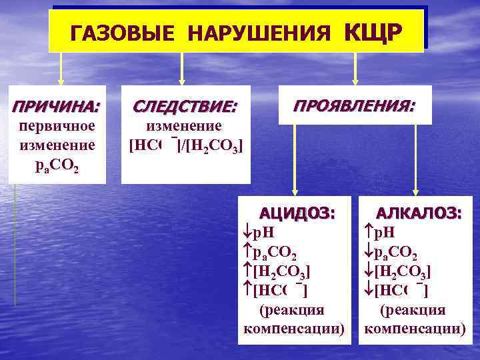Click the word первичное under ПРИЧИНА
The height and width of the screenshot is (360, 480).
point(57,126)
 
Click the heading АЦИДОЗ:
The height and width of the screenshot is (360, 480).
point(297,213)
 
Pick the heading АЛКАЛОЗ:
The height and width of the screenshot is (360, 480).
point(418,213)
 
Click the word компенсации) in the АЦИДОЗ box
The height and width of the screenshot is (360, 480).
point(295,329)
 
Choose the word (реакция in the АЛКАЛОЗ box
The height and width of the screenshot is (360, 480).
point(413,310)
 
